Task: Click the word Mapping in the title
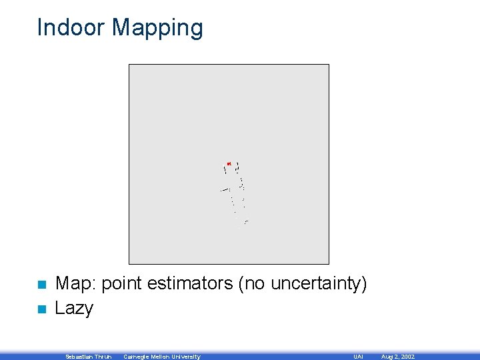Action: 157,28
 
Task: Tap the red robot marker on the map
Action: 229,163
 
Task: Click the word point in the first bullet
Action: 122,284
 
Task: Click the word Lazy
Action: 74,308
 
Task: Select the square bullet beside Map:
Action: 41,285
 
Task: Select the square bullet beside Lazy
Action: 41,309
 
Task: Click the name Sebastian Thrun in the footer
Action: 88,357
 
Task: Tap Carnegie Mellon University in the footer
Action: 162,357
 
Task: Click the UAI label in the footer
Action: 358,357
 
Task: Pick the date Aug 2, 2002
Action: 397,357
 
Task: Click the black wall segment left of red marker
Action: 225,169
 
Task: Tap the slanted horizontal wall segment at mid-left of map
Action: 225,190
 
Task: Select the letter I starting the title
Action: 39,27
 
